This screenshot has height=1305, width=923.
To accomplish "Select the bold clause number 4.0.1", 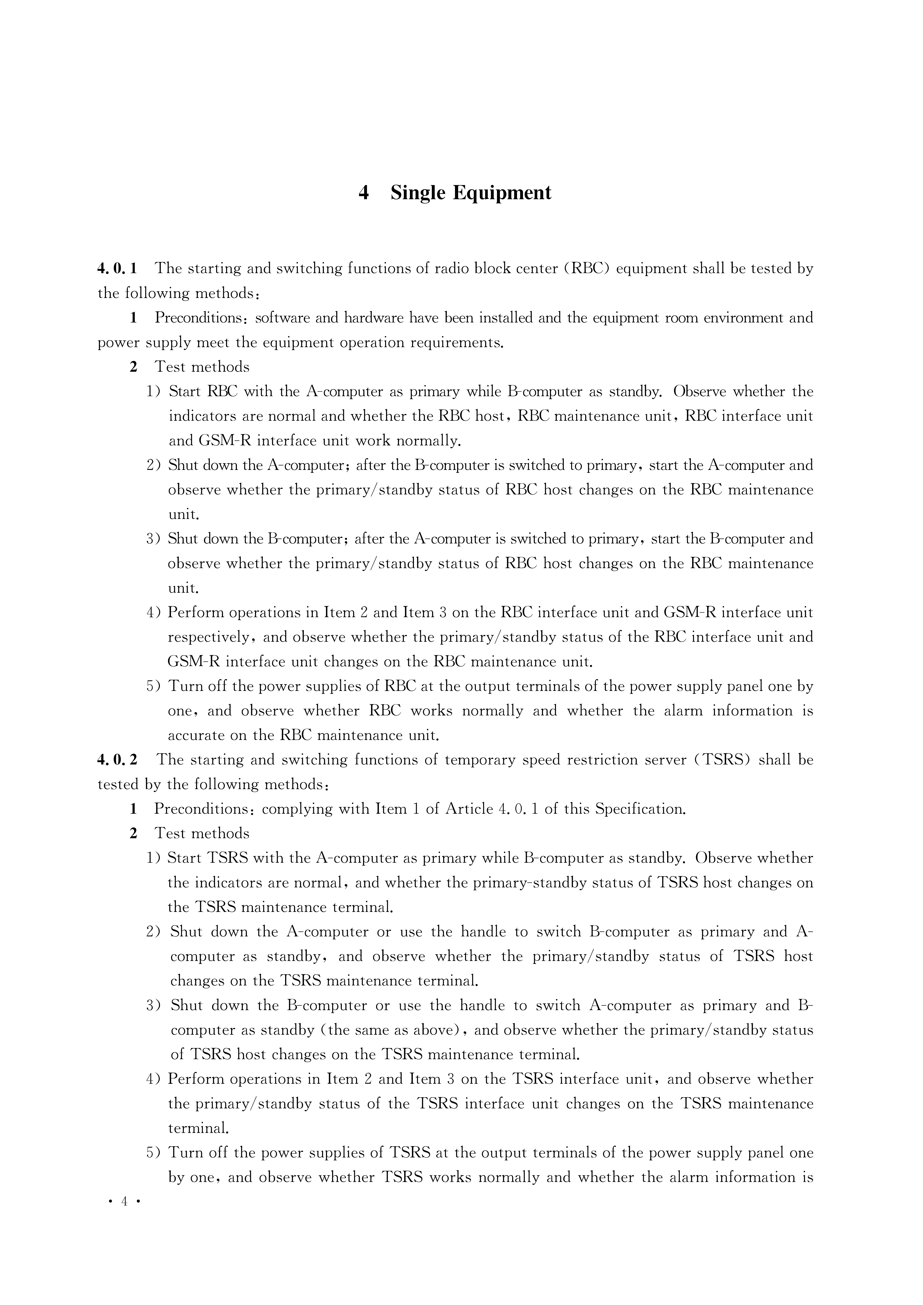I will pos(117,268).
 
